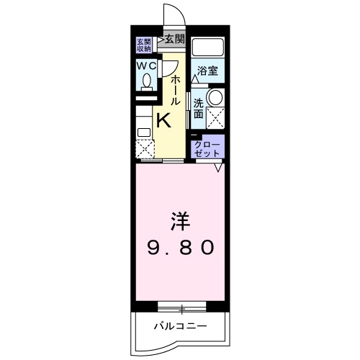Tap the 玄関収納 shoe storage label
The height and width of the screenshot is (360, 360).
point(143,45)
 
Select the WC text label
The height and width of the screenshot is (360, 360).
point(146,66)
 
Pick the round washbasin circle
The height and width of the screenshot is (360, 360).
point(215,96)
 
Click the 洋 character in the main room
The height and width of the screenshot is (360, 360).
point(181,218)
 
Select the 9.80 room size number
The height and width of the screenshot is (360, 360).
point(181,248)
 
